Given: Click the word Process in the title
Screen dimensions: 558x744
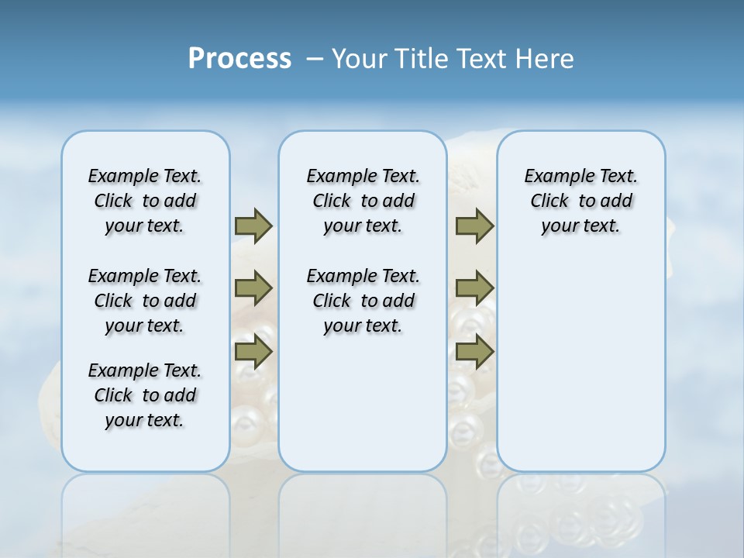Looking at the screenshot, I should click(x=239, y=58).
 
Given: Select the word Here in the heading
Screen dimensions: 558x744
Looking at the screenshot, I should click(x=546, y=58).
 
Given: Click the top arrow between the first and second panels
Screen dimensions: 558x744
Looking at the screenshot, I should click(x=253, y=226).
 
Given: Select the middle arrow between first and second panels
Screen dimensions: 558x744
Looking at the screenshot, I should click(x=253, y=288).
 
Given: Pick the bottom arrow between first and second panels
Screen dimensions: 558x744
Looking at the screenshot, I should click(x=253, y=352).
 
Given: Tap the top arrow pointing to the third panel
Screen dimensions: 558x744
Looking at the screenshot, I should click(x=474, y=226).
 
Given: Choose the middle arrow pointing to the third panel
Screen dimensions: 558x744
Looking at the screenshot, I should click(x=474, y=288).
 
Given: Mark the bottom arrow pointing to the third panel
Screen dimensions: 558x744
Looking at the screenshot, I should click(x=474, y=352).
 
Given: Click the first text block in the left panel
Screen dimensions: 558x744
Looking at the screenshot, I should click(x=145, y=201).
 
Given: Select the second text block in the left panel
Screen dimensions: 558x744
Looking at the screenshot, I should click(x=145, y=301).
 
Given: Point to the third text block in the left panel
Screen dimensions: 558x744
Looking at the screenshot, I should click(x=145, y=395).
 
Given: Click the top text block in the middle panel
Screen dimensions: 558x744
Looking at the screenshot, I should click(x=363, y=201).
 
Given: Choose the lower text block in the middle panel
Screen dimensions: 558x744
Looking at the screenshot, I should click(x=363, y=301).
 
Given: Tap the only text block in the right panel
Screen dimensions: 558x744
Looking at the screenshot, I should click(x=580, y=201).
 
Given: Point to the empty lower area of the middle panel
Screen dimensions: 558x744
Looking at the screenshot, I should click(x=363, y=403).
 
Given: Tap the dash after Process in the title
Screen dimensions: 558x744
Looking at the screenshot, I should click(x=315, y=60).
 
